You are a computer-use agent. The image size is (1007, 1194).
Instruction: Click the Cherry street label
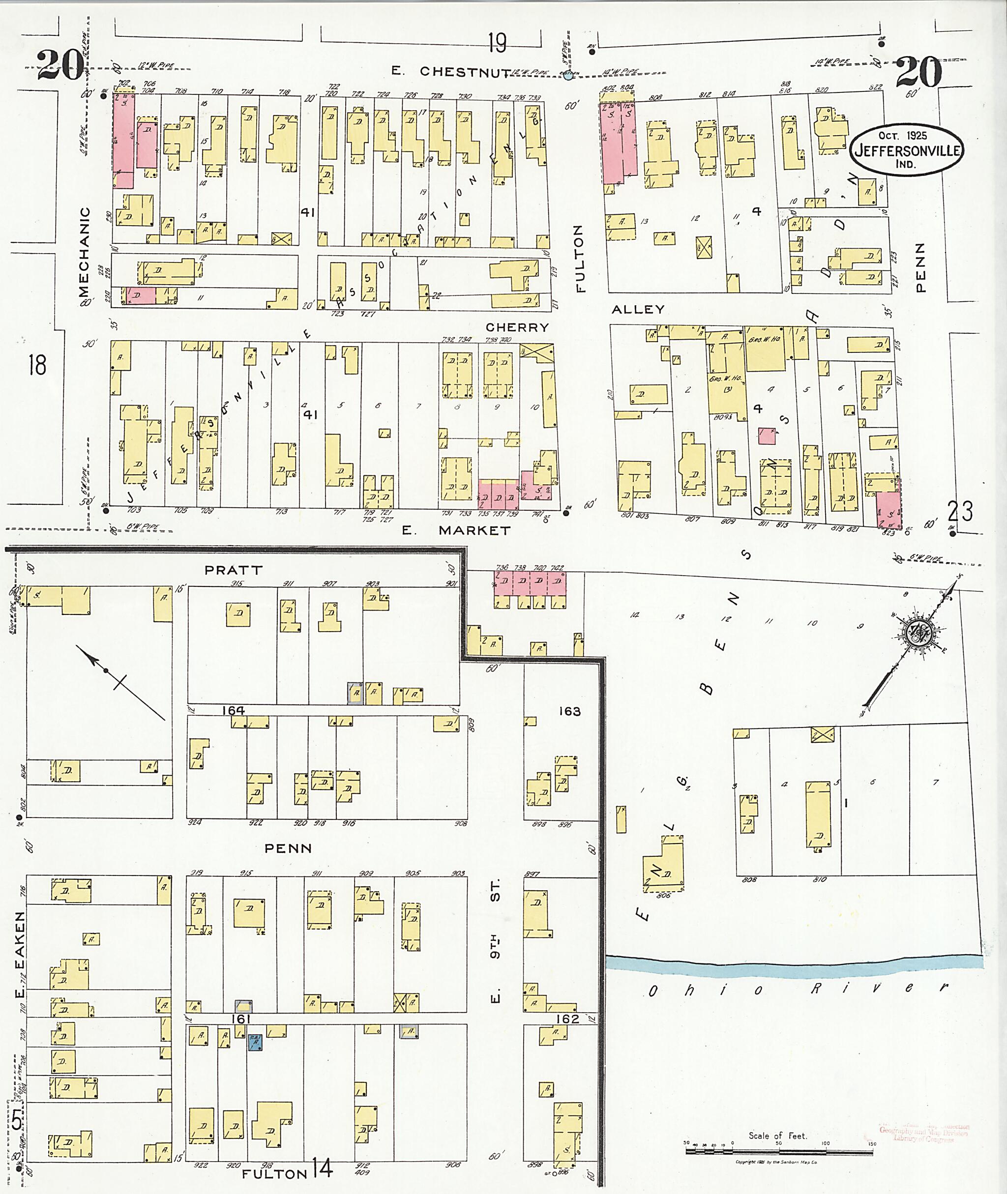(x=517, y=327)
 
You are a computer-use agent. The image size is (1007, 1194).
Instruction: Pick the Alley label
(x=638, y=309)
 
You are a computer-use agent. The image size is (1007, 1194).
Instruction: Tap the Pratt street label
(x=234, y=570)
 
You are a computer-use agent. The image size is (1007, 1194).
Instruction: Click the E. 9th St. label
(x=495, y=941)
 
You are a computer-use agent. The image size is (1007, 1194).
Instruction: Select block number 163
(x=569, y=711)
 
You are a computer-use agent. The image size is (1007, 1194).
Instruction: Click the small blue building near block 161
(x=255, y=1042)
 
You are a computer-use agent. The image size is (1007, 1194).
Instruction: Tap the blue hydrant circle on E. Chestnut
(x=567, y=75)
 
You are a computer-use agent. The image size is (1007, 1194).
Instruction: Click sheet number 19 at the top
(x=497, y=43)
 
